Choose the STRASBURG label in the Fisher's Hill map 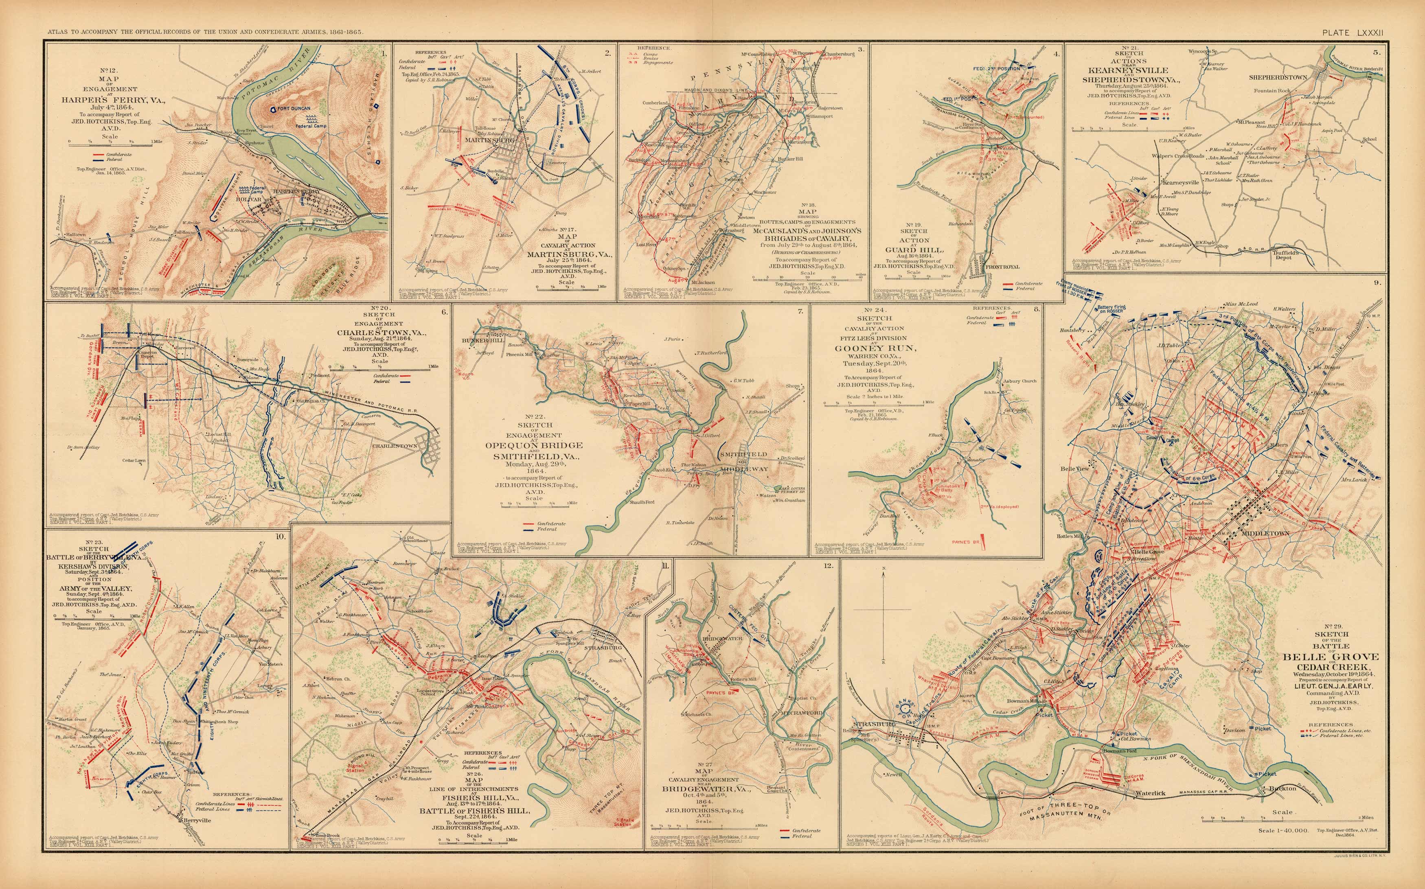click(x=600, y=647)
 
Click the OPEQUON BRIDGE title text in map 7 click(x=533, y=445)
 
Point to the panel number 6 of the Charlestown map click(x=444, y=312)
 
